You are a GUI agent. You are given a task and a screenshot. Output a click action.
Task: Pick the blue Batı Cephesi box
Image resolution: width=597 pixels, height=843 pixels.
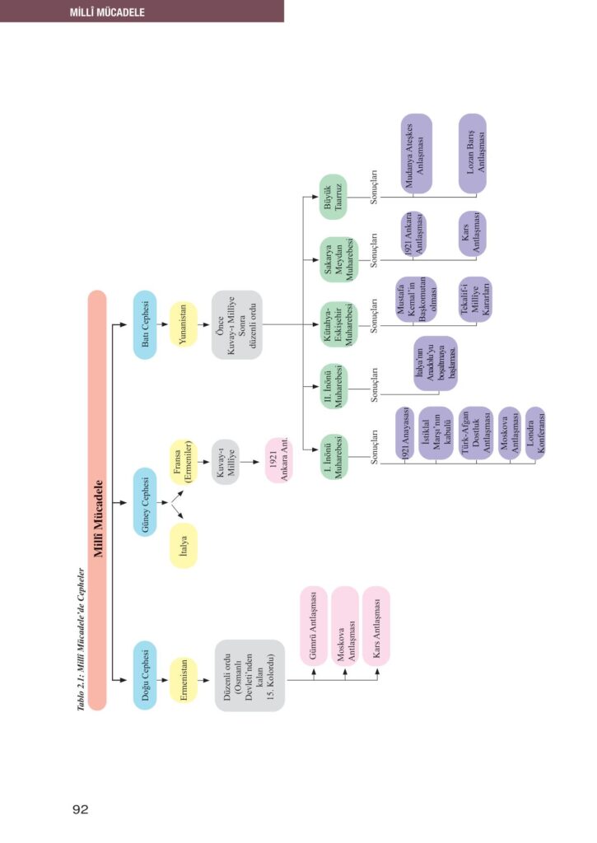145,324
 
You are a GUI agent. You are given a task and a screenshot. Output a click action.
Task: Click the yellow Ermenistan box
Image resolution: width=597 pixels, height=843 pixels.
183,679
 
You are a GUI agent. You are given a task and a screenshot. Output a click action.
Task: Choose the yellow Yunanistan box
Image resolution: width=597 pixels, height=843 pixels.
183,324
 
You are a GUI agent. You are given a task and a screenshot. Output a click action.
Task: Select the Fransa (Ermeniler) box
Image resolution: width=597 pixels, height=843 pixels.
183,473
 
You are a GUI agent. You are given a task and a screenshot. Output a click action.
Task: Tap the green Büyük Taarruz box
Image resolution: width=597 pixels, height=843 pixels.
333,197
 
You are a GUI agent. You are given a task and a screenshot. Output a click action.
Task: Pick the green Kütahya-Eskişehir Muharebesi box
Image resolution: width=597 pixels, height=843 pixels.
333,324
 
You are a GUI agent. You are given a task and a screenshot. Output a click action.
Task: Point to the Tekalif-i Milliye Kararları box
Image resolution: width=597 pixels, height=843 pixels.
475,297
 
